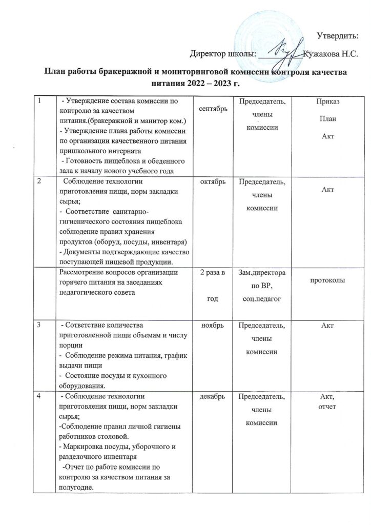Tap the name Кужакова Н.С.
click(331, 53)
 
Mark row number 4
click(38, 397)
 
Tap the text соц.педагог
click(262, 298)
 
